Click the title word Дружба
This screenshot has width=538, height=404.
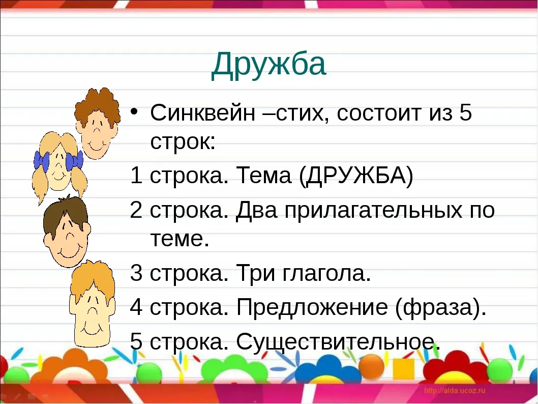268,65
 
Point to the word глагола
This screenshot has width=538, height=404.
327,274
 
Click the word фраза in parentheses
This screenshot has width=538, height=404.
440,307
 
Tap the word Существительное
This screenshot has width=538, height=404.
336,341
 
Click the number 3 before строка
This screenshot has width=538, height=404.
136,273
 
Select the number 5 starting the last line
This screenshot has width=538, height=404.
136,341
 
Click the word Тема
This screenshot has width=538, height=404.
264,176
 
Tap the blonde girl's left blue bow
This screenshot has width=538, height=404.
42,161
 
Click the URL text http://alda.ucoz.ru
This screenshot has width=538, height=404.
455,390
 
